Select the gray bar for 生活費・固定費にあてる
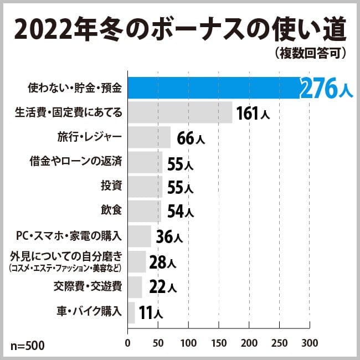click(180, 112)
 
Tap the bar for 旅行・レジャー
click(150, 137)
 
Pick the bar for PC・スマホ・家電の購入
click(140, 236)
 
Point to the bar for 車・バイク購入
click(131, 312)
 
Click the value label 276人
click(326, 89)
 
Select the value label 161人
click(253, 114)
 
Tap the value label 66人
click(191, 138)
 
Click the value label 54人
click(180, 211)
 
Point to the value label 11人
click(151, 313)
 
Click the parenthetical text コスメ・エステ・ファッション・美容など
click(65, 268)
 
